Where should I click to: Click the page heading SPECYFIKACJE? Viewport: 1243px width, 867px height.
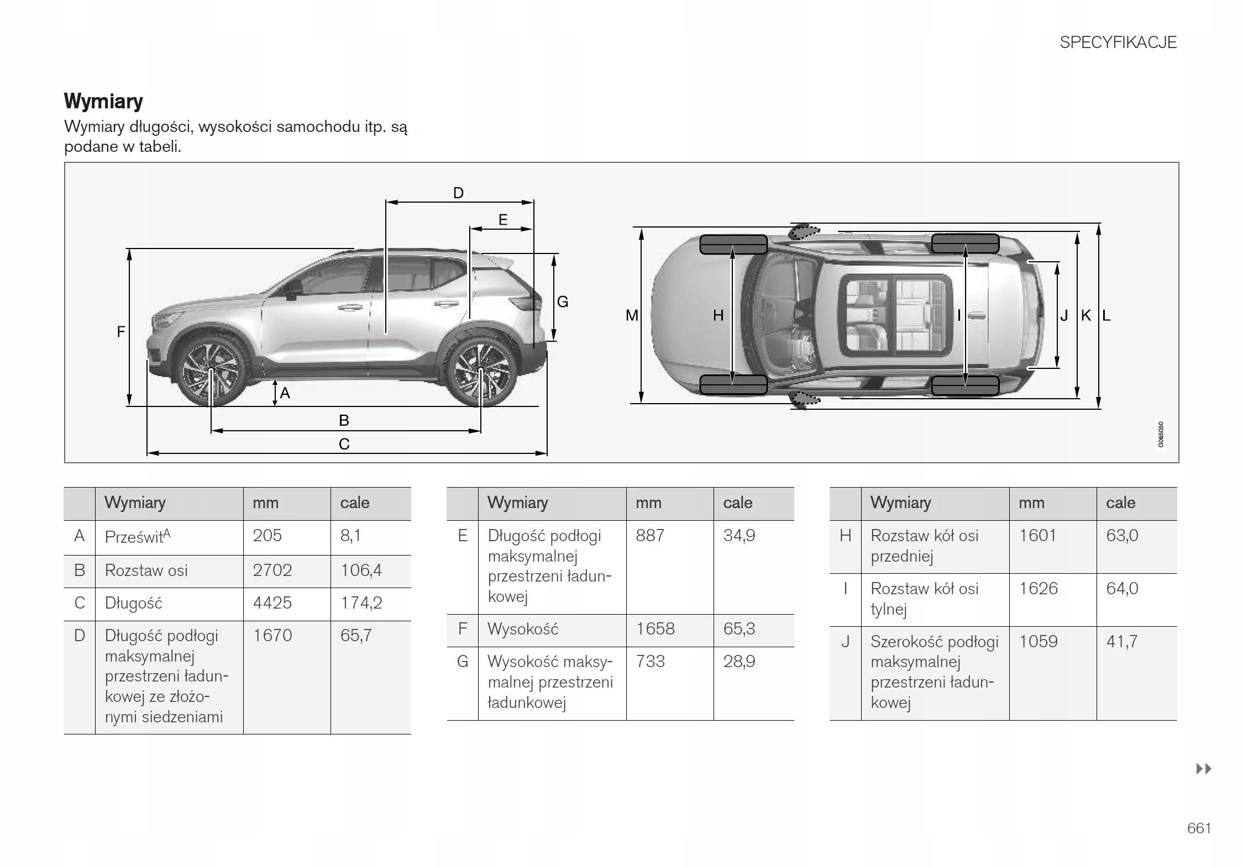(1118, 43)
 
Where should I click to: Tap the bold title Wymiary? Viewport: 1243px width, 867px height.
(103, 101)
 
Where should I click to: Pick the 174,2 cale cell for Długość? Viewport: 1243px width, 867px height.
(361, 602)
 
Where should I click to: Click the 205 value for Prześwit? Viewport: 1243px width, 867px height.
(267, 536)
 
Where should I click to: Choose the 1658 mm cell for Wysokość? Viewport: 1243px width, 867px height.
(655, 629)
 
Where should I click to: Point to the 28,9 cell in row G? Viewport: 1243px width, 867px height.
(739, 662)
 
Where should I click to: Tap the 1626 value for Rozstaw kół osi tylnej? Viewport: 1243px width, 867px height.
(1038, 589)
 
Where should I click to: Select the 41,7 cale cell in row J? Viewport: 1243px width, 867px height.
(1121, 642)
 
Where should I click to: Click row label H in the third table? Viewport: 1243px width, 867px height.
(845, 536)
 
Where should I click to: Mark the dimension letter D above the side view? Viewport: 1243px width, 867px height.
(458, 193)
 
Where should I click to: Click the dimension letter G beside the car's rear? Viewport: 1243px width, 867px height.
(563, 302)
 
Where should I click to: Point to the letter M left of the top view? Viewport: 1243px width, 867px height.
(631, 315)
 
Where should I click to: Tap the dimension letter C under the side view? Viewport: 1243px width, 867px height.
(344, 444)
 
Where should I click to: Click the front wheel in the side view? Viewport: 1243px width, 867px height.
(211, 371)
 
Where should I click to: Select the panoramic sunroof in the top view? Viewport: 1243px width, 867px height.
(895, 315)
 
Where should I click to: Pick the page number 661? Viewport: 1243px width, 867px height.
(1199, 828)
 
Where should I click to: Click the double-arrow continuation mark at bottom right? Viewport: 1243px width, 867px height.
(1203, 769)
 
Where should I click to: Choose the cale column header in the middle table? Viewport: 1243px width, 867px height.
(737, 503)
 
